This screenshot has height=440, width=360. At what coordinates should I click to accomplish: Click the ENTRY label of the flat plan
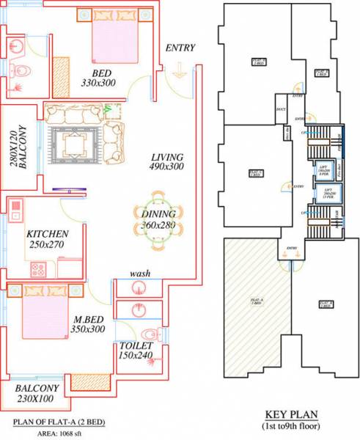coord(180,48)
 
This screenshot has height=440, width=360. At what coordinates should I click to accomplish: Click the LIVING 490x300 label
coord(166,162)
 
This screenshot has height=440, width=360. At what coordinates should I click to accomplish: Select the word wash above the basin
coord(140,274)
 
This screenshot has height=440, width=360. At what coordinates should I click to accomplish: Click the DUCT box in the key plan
coord(280,110)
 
